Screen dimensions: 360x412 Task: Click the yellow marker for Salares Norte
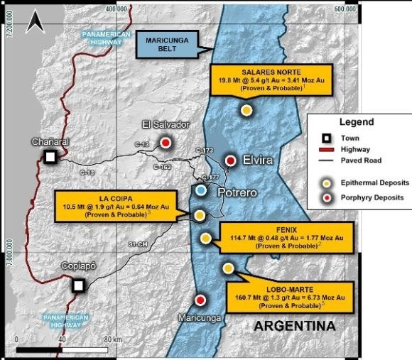246,110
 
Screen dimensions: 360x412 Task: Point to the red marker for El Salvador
165,143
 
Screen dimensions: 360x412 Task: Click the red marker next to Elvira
230,160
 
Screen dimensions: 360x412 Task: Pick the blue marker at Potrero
202,191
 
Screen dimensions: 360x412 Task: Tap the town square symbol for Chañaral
50,157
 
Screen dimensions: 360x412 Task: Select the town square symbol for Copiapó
79,285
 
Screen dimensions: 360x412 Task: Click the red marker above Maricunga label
200,300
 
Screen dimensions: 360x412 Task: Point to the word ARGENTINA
295,327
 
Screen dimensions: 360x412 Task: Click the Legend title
357,122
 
